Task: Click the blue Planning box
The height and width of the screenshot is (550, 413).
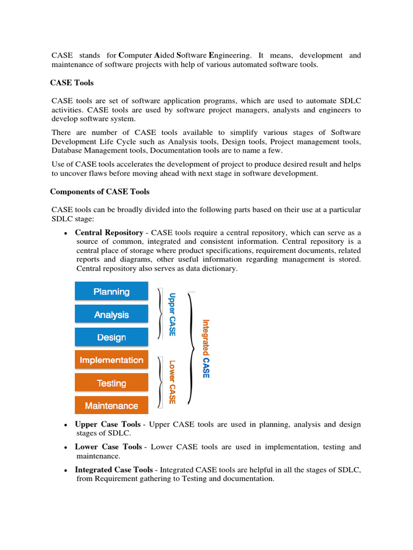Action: pos(111,291)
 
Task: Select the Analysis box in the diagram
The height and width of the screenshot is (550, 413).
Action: pos(111,314)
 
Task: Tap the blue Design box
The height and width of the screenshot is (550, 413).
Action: pos(111,337)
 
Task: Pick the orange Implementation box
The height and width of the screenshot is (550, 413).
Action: pos(111,360)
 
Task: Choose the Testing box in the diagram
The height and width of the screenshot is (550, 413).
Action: pos(111,383)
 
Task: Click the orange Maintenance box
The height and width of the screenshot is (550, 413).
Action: pos(111,406)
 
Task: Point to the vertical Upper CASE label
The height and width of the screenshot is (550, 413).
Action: pos(172,314)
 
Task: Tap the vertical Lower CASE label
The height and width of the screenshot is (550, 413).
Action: pos(172,382)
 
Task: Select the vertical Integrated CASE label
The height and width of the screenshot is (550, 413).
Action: pos(205,349)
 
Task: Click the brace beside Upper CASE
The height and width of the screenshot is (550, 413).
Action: pos(160,314)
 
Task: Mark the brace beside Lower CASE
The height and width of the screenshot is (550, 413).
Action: pos(160,382)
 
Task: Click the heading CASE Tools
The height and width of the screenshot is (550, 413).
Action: pos(72,83)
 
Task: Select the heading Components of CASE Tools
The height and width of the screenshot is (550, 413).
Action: pos(99,192)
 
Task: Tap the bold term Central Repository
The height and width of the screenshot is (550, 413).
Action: pos(109,233)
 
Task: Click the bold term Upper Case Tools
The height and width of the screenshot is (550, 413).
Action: pos(108,424)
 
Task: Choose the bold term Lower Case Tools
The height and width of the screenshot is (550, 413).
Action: pos(108,447)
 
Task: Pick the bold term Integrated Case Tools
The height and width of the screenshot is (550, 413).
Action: pos(113,469)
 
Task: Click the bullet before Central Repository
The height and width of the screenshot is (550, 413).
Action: pos(65,234)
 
